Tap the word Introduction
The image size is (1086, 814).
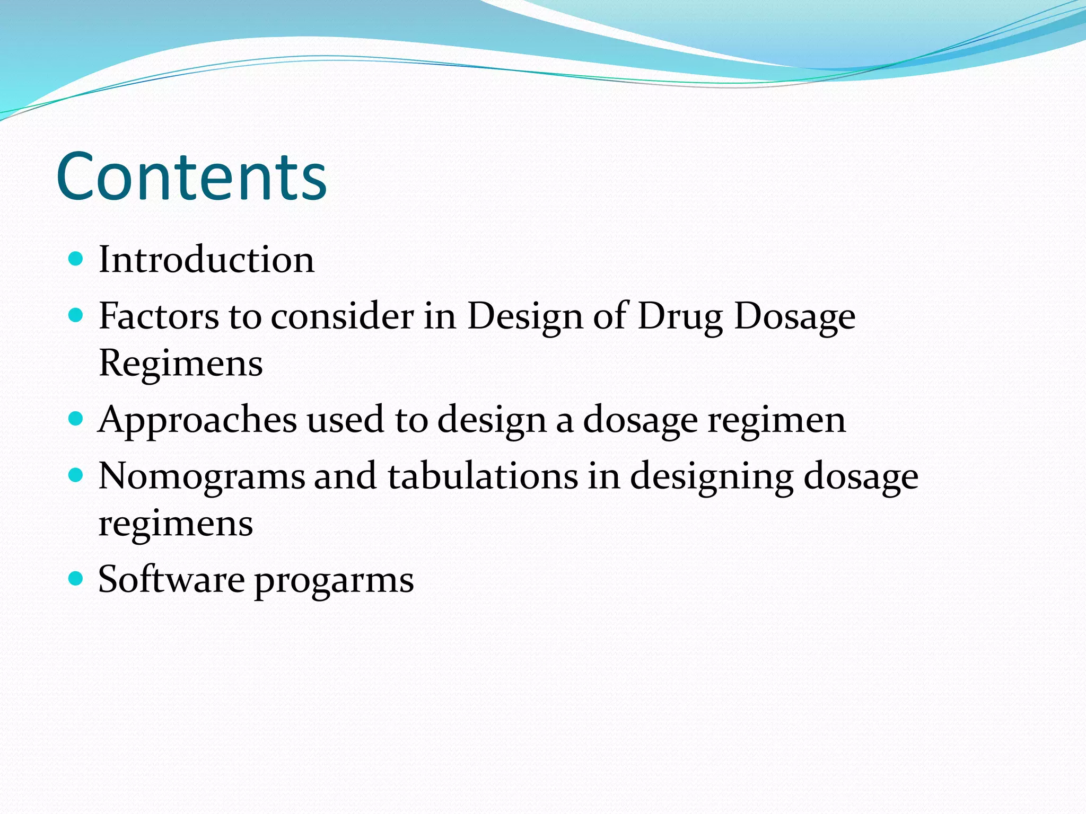[x=206, y=260]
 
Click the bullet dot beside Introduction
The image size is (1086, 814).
[x=76, y=259]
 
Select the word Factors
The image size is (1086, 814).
[x=158, y=316]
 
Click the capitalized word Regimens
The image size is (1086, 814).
[x=181, y=364]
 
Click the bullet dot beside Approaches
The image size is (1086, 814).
[x=76, y=419]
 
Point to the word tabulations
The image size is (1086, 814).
[x=483, y=475]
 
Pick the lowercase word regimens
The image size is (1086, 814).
[x=176, y=524]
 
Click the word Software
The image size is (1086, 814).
[x=171, y=579]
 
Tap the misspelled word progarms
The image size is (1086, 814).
[x=334, y=581]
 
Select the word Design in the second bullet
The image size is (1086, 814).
[x=525, y=317]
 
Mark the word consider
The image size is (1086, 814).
[x=342, y=316]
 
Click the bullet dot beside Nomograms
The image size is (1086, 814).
[x=76, y=474]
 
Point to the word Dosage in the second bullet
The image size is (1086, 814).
[x=794, y=317]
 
